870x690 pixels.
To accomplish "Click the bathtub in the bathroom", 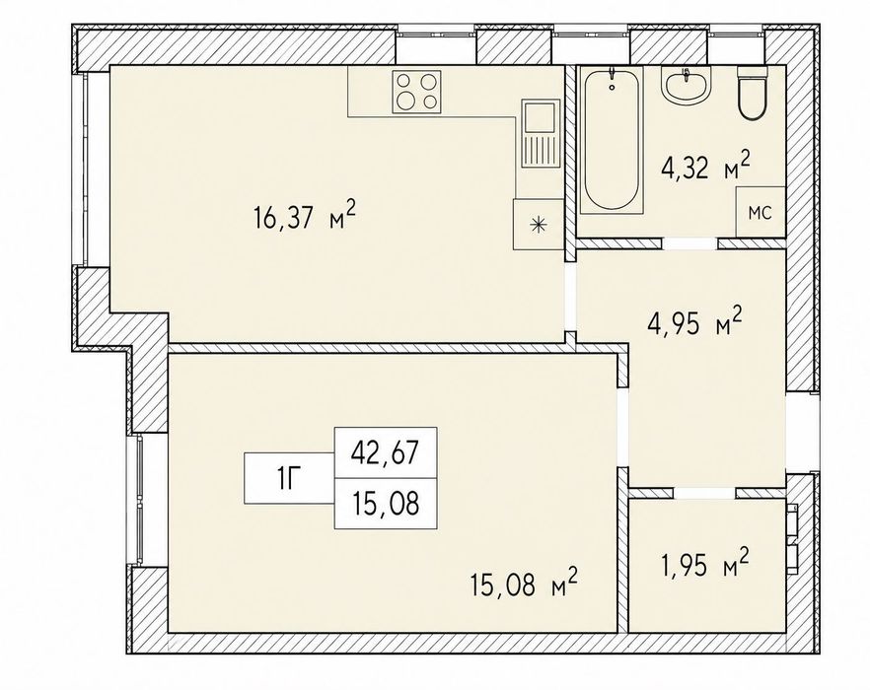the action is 611,140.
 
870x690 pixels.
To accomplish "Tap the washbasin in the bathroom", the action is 686,86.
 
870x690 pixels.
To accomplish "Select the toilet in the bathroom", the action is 752,94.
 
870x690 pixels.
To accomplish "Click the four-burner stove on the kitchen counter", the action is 416,92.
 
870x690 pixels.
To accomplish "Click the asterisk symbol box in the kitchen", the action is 539,224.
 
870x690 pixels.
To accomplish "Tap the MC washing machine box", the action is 761,213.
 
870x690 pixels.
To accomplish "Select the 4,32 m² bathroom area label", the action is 706,167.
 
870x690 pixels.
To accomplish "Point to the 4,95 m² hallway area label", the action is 694,324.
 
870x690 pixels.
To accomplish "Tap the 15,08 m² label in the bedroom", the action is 525,585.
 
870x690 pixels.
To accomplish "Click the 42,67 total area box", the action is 386,452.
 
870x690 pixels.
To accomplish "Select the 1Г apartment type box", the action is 290,478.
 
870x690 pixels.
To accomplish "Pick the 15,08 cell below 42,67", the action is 386,503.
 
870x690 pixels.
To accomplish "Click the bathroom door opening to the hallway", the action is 690,243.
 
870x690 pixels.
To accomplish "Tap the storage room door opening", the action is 704,493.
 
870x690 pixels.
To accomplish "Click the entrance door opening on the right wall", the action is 802,433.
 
